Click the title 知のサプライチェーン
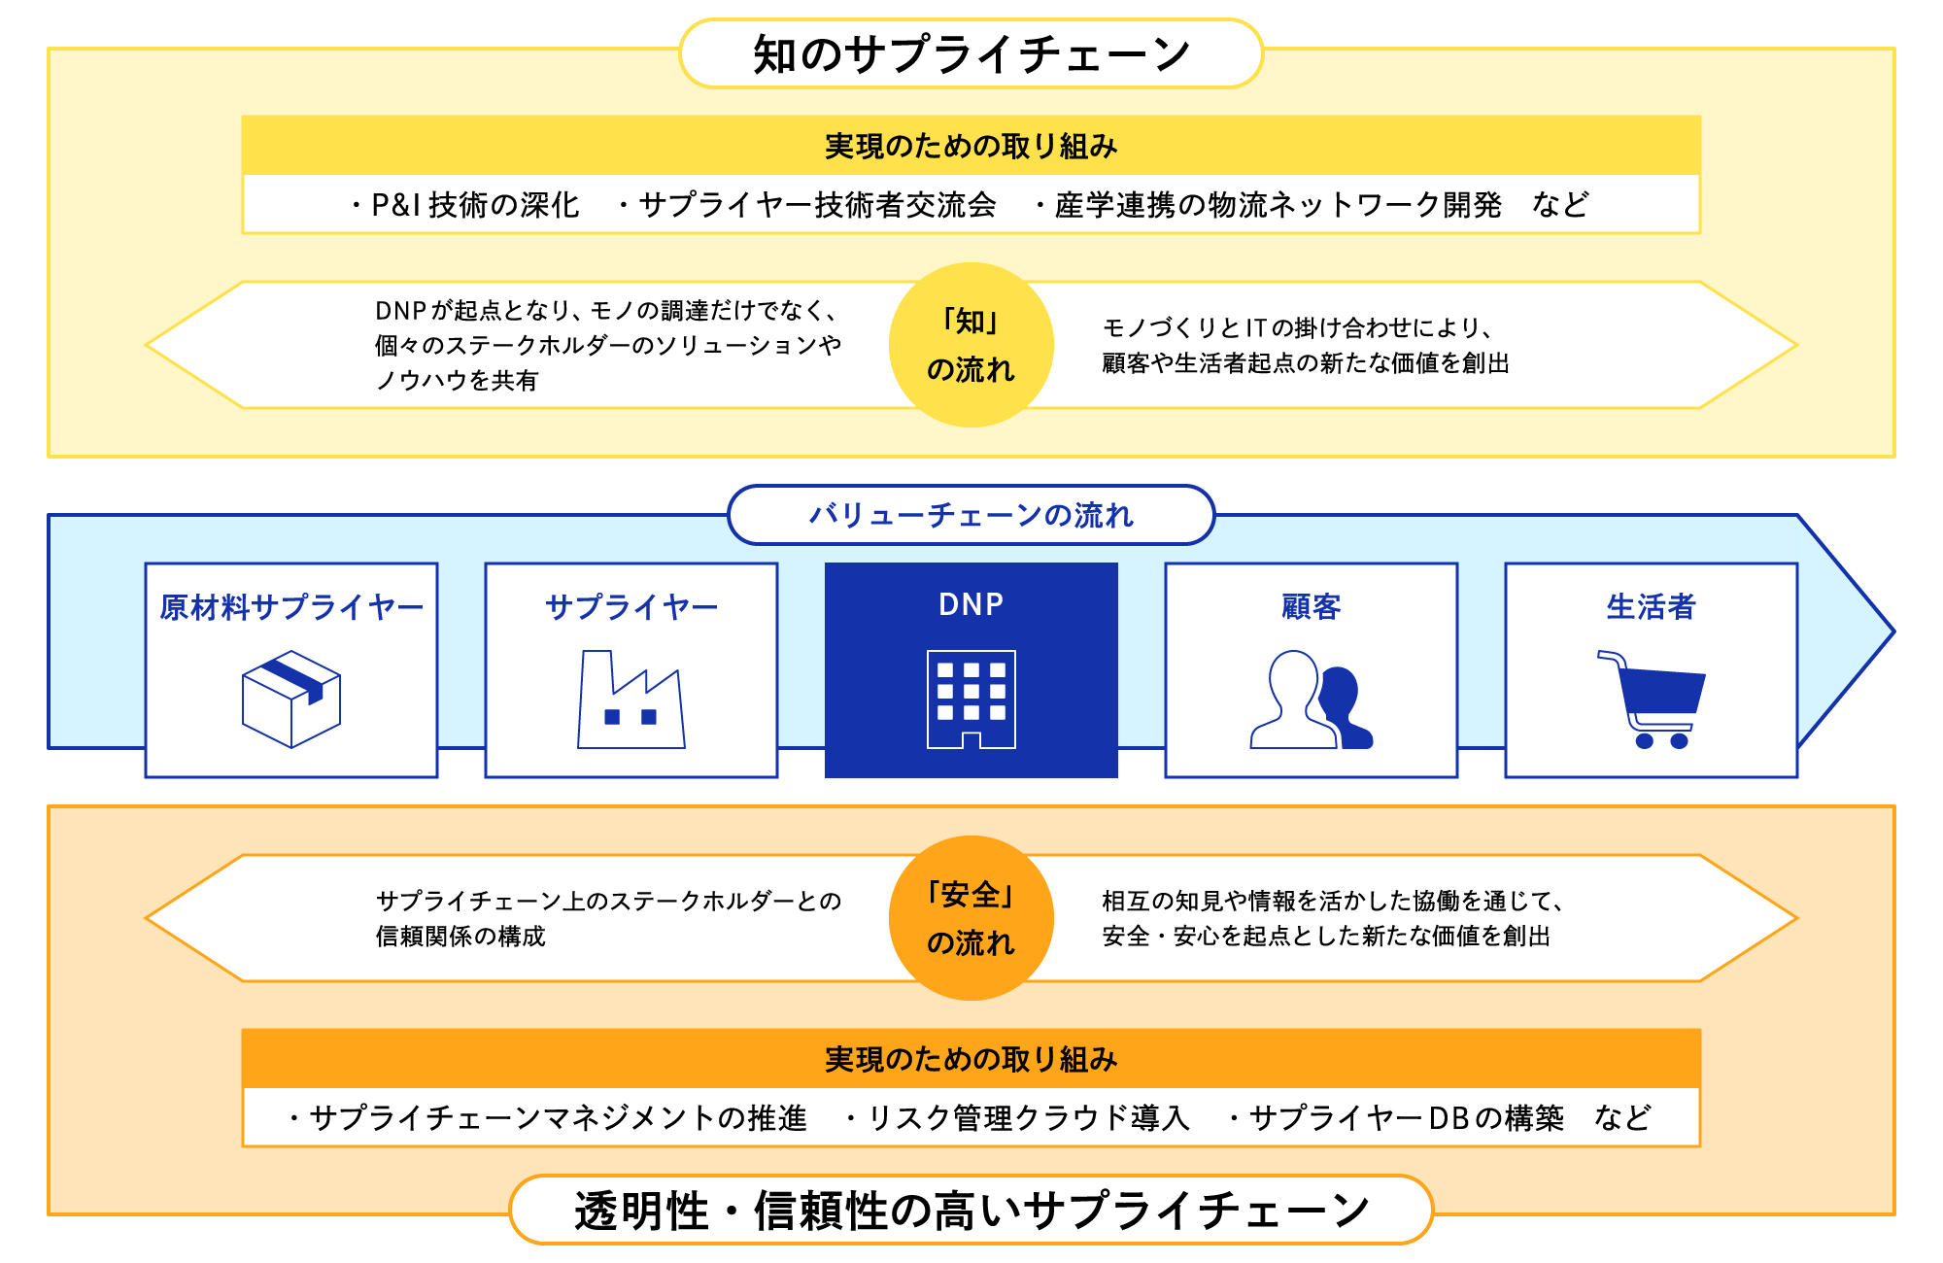[971, 54]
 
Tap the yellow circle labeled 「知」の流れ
[971, 345]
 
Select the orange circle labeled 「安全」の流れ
[971, 918]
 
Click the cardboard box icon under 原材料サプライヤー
[290, 700]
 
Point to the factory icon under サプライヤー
[631, 700]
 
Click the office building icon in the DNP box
[971, 700]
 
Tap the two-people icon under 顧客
[1311, 700]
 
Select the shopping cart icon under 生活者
[1652, 700]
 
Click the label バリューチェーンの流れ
[971, 515]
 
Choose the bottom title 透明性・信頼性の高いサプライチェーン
[971, 1211]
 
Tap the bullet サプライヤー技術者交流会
[817, 205]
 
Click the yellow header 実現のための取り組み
[971, 147]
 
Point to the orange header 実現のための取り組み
[971, 1059]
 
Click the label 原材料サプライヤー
[291, 607]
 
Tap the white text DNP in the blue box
[971, 604]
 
